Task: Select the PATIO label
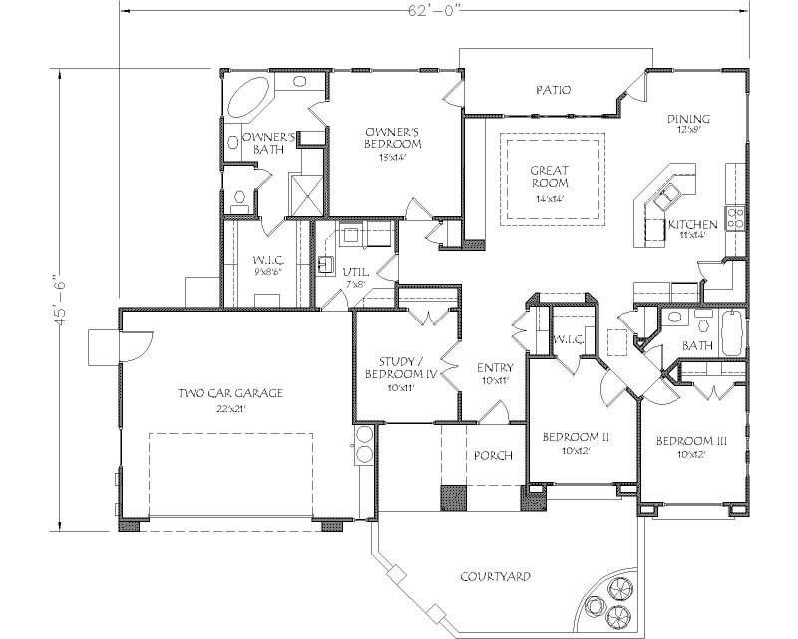pyautogui.click(x=552, y=90)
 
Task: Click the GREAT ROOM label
pyautogui.click(x=550, y=177)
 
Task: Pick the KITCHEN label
pyautogui.click(x=687, y=224)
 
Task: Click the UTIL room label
pyautogui.click(x=354, y=272)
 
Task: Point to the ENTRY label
pyautogui.click(x=494, y=368)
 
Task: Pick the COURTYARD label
pyautogui.click(x=494, y=577)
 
